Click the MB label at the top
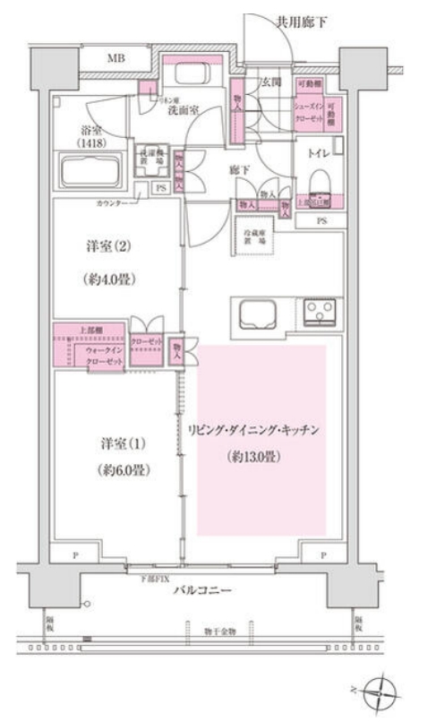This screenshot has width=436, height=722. (x=117, y=60)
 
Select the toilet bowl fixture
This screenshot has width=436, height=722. (x=320, y=183)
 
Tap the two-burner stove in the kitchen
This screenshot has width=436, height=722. (x=318, y=313)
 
